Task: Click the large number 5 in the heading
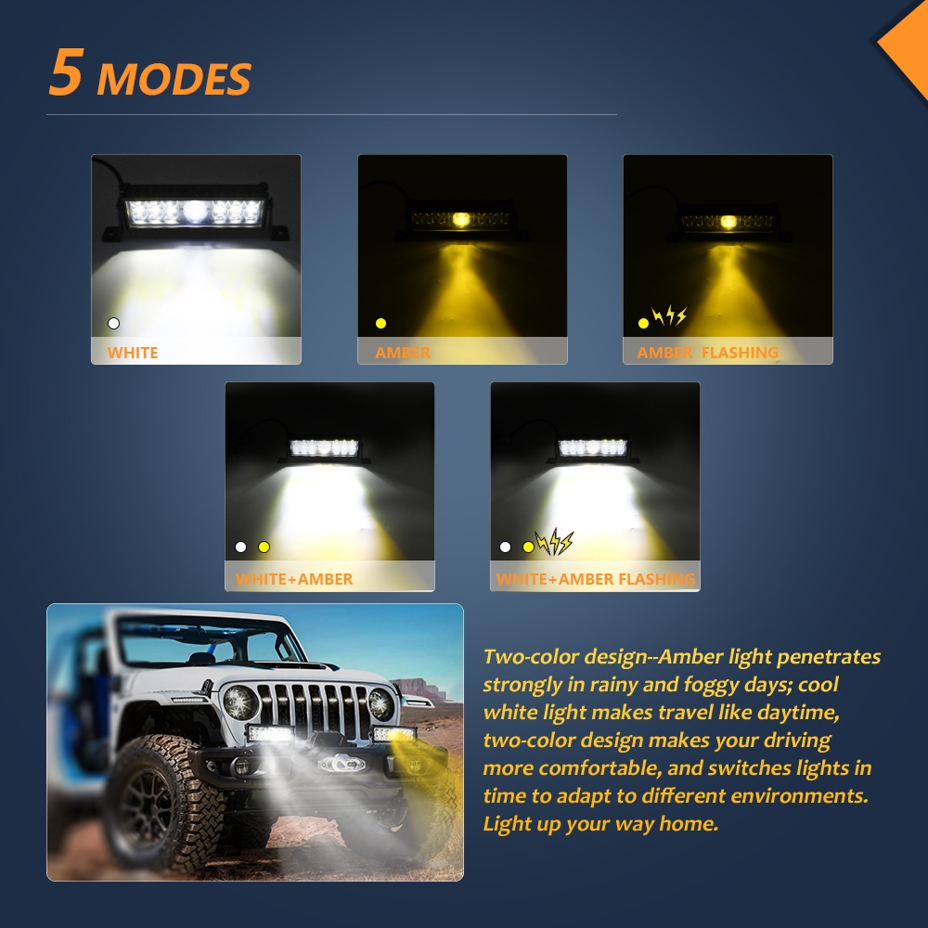point(65,71)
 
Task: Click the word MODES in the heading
point(174,79)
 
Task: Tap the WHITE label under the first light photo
point(133,353)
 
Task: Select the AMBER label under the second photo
point(403,353)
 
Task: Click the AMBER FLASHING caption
point(708,353)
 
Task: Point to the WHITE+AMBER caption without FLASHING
point(294,579)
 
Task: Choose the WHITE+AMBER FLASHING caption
point(596,579)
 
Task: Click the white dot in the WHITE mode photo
point(113,323)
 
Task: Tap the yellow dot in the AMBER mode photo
point(381,323)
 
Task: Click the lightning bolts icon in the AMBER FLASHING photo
point(669,316)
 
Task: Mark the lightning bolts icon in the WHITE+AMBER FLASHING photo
point(555,542)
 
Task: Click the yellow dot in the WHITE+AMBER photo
point(264,547)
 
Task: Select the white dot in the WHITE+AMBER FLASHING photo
point(505,547)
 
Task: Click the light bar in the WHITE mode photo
point(195,212)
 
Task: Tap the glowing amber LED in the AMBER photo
point(460,220)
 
